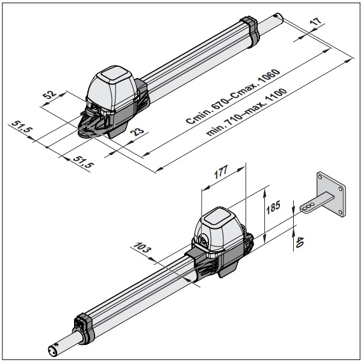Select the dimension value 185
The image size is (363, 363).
tap(273, 207)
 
